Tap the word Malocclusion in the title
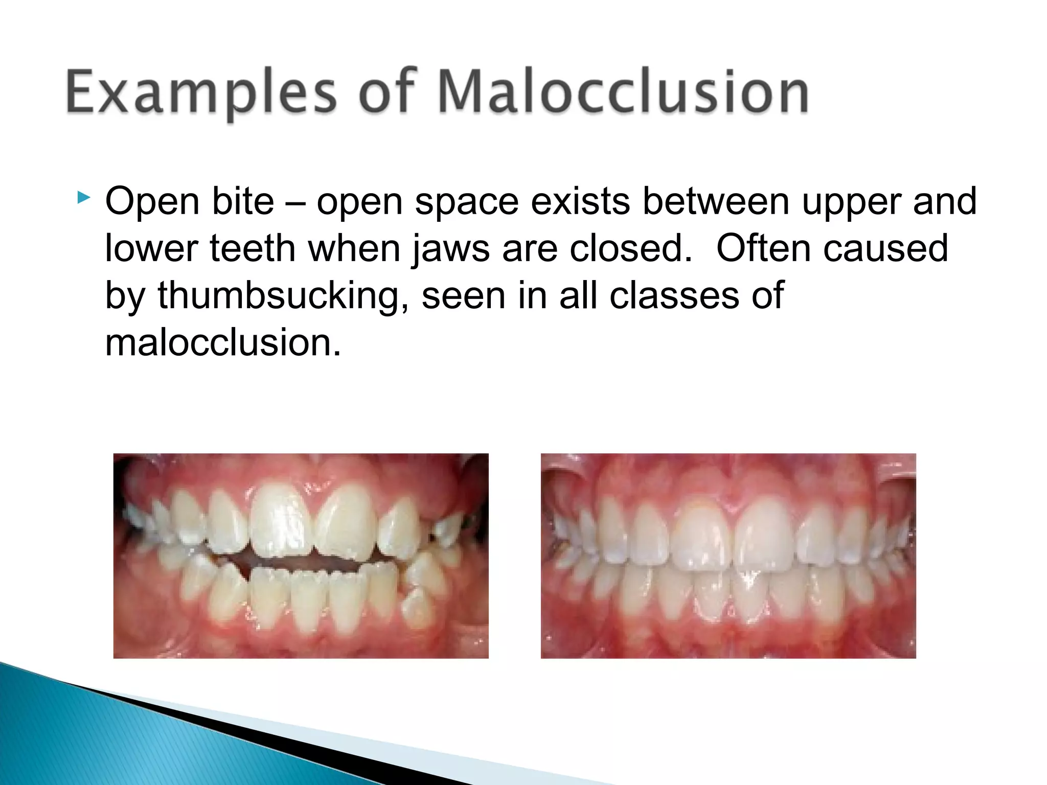pos(623,92)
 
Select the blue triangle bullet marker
pos(83,197)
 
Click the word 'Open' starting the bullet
pos(152,203)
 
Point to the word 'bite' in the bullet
pos(243,202)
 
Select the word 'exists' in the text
pos(580,202)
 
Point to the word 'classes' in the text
pos(674,296)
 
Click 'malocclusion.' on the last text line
pos(222,343)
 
